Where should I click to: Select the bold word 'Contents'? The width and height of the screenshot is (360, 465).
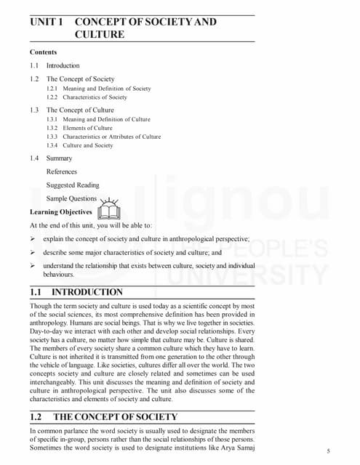tap(43, 52)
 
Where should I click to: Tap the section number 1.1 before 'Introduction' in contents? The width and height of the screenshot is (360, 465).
tap(34, 65)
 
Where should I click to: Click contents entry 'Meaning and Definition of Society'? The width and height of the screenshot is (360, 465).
tap(107, 89)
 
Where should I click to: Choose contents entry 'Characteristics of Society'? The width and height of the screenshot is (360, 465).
tap(95, 97)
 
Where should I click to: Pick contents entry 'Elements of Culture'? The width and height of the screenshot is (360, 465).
tap(87, 128)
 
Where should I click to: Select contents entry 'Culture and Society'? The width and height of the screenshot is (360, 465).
tap(88, 145)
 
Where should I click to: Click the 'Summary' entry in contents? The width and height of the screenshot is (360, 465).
tap(59, 158)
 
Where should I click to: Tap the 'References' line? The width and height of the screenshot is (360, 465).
tap(61, 171)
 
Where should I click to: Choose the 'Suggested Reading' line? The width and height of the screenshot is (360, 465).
tap(73, 185)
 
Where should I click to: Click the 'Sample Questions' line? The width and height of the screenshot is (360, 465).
tap(71, 198)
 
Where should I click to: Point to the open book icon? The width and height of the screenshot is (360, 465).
tap(108, 209)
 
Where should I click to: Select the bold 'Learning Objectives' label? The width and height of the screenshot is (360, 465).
tap(61, 212)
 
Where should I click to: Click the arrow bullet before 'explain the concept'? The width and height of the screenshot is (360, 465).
tap(33, 238)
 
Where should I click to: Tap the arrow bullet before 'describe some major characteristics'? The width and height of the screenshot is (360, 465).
tap(33, 252)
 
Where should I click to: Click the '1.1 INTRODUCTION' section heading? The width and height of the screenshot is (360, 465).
tap(76, 292)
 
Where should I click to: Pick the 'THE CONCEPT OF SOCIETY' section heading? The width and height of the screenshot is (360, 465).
tap(115, 417)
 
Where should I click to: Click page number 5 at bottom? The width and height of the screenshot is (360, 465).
tap(329, 451)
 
